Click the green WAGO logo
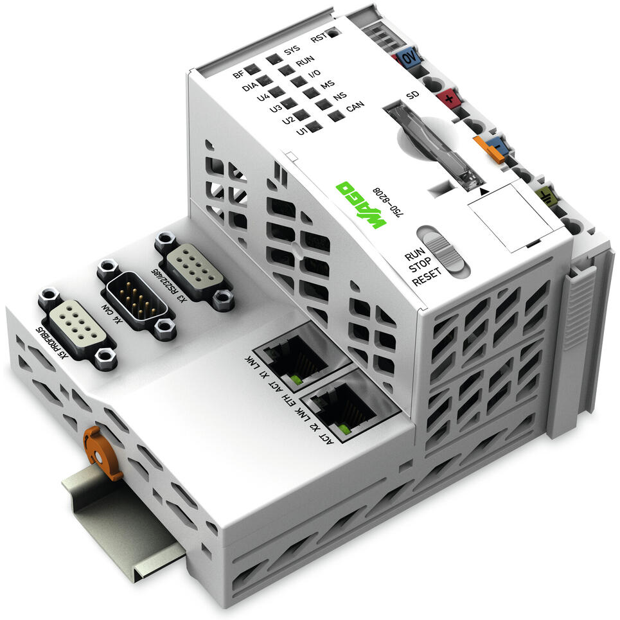[x=360, y=205]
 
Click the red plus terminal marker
[x=448, y=100]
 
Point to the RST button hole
[x=332, y=33]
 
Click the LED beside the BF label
[x=251, y=69]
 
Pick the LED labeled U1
[x=314, y=127]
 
